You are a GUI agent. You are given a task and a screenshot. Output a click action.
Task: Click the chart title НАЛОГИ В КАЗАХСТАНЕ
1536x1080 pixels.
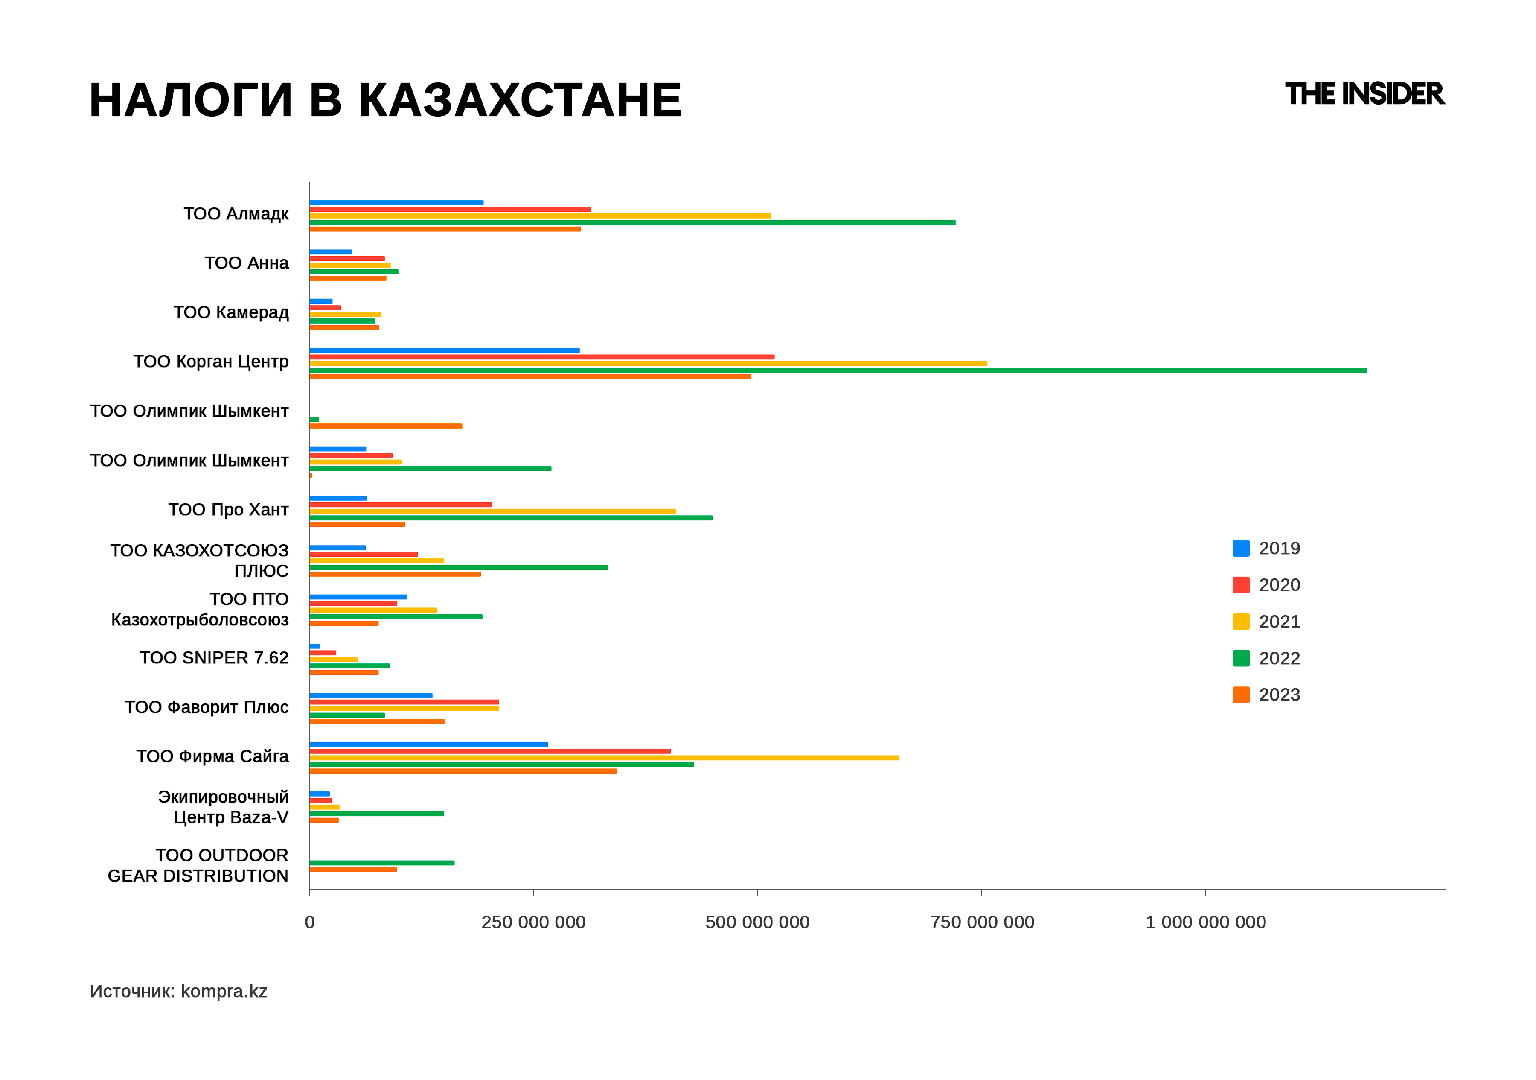[x=385, y=100]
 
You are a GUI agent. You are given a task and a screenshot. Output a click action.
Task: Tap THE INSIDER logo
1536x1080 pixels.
[x=1364, y=94]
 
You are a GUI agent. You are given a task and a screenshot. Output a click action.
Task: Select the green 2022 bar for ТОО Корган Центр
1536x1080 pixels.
[x=838, y=370]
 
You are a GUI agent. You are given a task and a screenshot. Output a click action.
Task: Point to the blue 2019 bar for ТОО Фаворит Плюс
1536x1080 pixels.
[x=371, y=696]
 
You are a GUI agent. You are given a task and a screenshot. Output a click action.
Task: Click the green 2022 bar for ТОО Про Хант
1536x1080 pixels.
[x=510, y=518]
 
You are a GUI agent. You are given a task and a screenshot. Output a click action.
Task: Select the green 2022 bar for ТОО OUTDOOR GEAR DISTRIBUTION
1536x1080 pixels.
[x=382, y=863]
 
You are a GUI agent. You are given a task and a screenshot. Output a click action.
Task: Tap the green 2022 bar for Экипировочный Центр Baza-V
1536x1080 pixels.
[x=377, y=814]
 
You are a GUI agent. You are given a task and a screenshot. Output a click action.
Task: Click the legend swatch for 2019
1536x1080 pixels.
[x=1241, y=549]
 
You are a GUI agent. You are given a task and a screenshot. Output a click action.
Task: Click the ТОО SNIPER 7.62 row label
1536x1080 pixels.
[x=214, y=658]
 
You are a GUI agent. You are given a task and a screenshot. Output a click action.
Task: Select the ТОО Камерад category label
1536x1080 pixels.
[x=231, y=312]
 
